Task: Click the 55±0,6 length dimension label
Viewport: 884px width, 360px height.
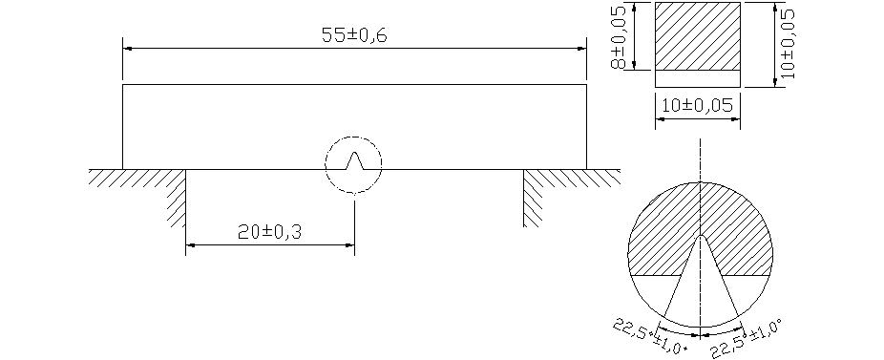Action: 354,35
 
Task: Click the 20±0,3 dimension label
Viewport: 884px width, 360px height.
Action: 269,232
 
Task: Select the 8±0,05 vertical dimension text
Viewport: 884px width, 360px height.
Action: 619,37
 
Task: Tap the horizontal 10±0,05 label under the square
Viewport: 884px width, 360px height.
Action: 698,105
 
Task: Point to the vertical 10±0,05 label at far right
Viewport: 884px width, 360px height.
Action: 788,44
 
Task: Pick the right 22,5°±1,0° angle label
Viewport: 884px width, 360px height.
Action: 747,339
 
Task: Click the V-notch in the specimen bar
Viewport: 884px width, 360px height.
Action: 353,160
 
